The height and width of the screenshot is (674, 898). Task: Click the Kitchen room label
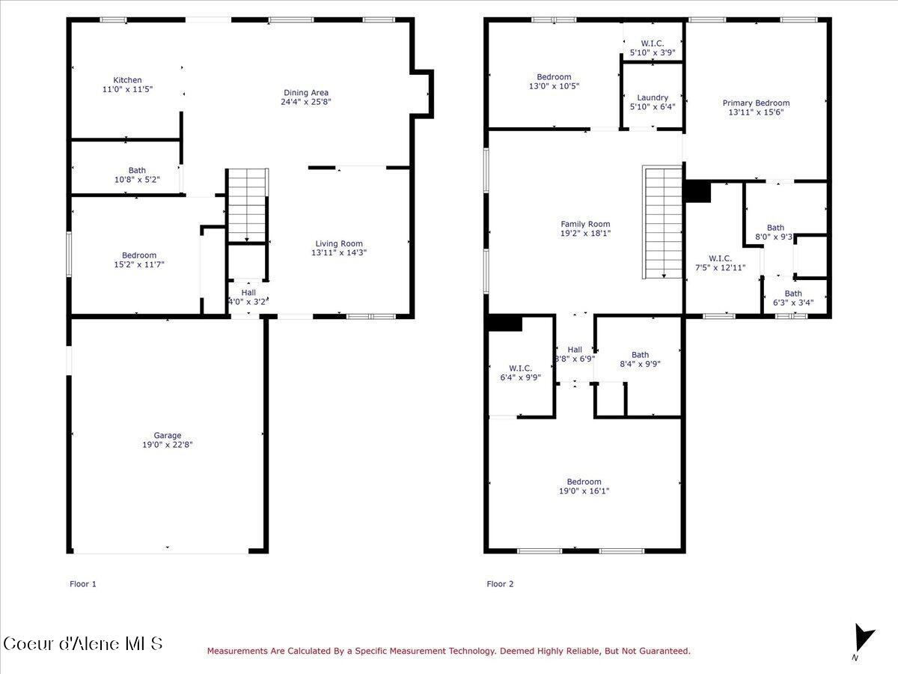tap(127, 80)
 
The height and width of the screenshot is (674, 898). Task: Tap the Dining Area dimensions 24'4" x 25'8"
tap(306, 102)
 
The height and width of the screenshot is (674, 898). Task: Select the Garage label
tap(168, 435)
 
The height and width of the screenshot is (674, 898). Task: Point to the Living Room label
tap(339, 243)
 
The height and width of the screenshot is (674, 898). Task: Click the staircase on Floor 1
tap(247, 204)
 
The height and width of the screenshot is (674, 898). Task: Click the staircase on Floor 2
tap(663, 223)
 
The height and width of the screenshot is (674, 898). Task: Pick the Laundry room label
tap(653, 97)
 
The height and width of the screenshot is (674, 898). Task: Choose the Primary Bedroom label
tap(756, 103)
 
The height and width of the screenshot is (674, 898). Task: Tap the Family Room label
tap(585, 224)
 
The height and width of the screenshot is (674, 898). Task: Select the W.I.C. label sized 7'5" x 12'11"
tap(719, 258)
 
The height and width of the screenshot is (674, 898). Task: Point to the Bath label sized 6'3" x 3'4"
tap(793, 294)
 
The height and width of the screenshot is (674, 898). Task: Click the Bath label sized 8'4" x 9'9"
tap(640, 355)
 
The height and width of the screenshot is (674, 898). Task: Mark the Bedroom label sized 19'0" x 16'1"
tap(584, 482)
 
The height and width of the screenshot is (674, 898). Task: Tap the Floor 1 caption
tap(83, 584)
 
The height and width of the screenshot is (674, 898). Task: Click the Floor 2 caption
tap(500, 584)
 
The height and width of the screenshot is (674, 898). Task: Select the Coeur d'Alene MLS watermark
tap(82, 644)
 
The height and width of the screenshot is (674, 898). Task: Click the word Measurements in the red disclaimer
tap(234, 652)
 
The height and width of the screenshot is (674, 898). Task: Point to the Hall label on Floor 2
tap(575, 350)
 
